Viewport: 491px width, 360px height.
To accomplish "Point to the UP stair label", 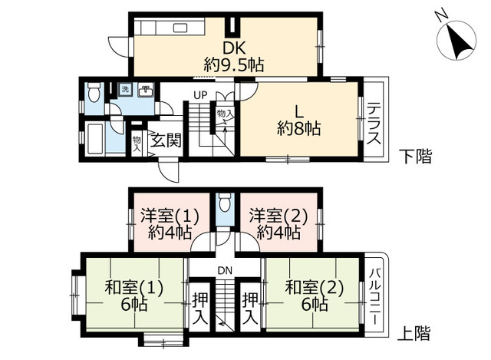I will (200, 95).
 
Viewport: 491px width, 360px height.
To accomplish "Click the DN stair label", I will (225, 270).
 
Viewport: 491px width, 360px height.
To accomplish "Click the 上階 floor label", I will (414, 335).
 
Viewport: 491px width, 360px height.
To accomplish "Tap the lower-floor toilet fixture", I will (94, 93).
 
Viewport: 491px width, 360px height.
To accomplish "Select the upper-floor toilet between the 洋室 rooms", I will (224, 203).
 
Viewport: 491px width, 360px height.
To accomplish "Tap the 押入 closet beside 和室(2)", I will (250, 306).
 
